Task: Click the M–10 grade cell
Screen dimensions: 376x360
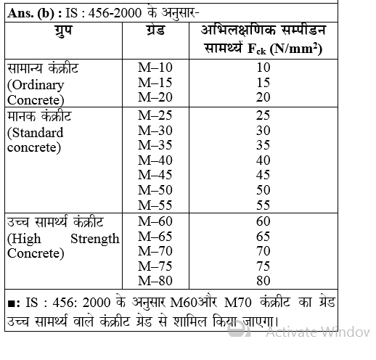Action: [x=154, y=67]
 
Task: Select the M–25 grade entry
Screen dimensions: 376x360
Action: [x=154, y=117]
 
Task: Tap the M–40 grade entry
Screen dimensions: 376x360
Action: [x=154, y=160]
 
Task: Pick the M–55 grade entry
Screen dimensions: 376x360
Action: [x=154, y=204]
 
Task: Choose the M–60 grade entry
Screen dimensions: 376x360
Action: [x=154, y=221]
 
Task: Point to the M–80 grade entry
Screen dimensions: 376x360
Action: [x=154, y=280]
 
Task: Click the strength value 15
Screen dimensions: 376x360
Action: [x=263, y=83]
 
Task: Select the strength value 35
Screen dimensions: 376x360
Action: [x=263, y=146]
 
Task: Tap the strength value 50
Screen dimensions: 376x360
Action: [x=263, y=189]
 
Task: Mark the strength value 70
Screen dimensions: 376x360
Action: [x=263, y=251]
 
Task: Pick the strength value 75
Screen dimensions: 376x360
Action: [x=263, y=266]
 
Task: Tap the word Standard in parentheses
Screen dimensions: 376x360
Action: [x=36, y=134]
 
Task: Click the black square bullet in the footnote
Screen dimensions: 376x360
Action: [x=9, y=302]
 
